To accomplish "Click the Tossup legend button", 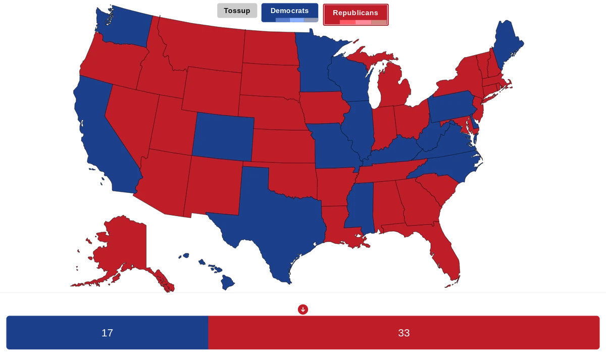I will click(x=237, y=11).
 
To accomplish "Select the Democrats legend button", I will click(x=289, y=11).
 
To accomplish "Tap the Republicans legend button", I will click(x=356, y=13).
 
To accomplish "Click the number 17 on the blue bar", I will click(x=107, y=333).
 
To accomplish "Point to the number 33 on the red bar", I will click(x=403, y=333).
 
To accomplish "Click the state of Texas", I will click(x=273, y=222).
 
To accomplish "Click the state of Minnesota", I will click(x=316, y=61).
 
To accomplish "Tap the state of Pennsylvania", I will click(x=452, y=104).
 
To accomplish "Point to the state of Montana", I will click(x=202, y=43).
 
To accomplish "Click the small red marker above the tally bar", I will click(x=302, y=308).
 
